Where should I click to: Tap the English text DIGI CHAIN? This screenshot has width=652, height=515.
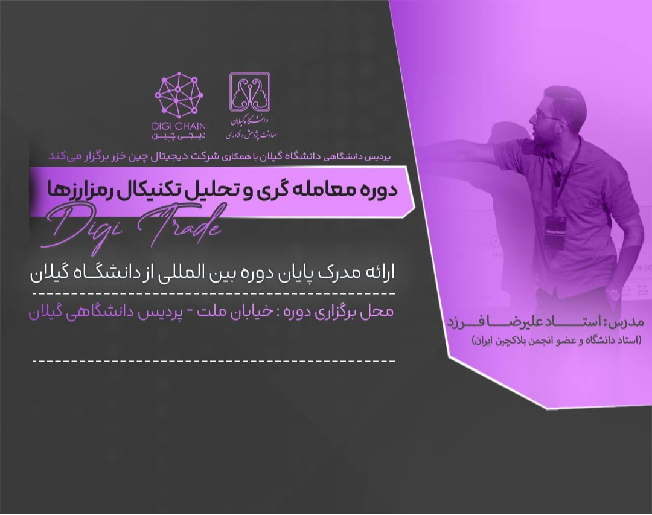[x=180, y=126]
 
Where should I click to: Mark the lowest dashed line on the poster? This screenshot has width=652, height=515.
[x=213, y=360]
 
